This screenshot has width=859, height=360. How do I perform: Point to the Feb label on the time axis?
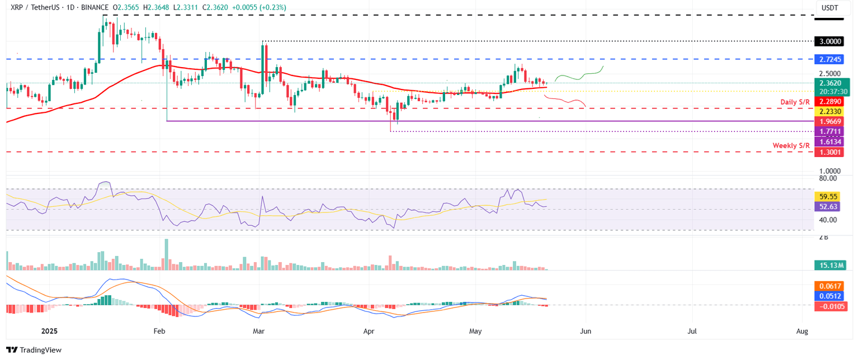(159, 331)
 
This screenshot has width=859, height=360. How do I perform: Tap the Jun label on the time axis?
(585, 331)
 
